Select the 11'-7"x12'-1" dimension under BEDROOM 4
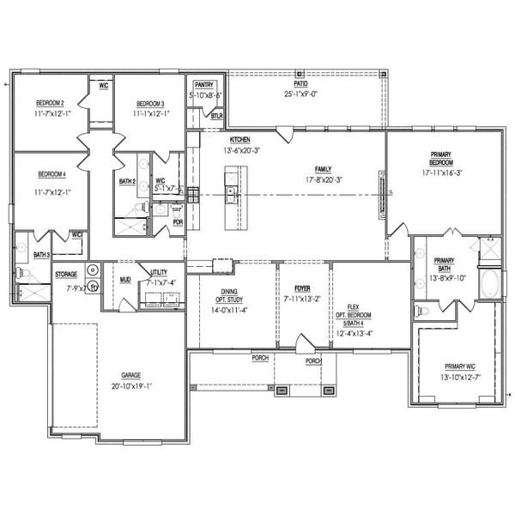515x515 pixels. click(x=51, y=192)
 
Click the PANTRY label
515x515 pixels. click(x=203, y=85)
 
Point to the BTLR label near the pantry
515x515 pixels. click(x=217, y=114)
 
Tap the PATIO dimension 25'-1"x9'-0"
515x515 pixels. click(x=300, y=94)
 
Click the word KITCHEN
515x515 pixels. click(x=239, y=139)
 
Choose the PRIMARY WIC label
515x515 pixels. click(x=457, y=366)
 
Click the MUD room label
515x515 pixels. click(x=125, y=280)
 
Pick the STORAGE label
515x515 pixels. click(x=66, y=275)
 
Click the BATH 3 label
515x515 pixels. click(x=41, y=255)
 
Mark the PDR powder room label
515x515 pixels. click(x=178, y=221)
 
